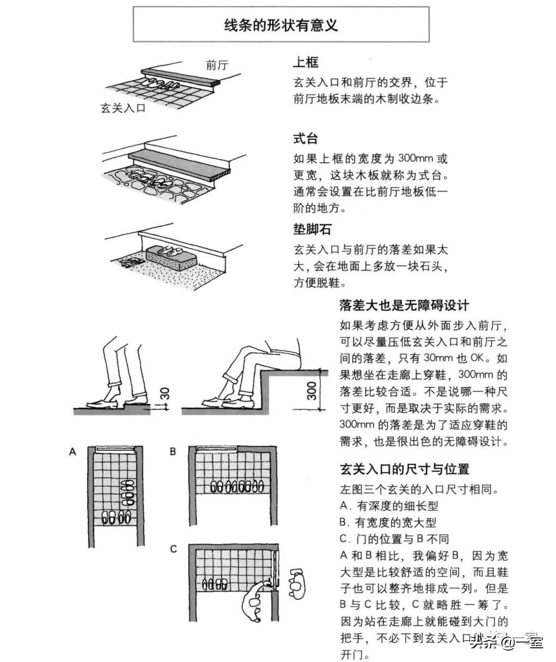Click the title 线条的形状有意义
pos(281,24)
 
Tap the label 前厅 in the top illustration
pos(217,65)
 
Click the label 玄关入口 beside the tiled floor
pos(123,108)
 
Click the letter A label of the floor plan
pos(72,451)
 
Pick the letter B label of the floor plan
pos(173,451)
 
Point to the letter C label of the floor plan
pos(173,549)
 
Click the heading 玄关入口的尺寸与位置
pos(404,469)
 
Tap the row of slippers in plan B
pos(238,487)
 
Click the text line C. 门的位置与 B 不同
pos(394,538)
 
